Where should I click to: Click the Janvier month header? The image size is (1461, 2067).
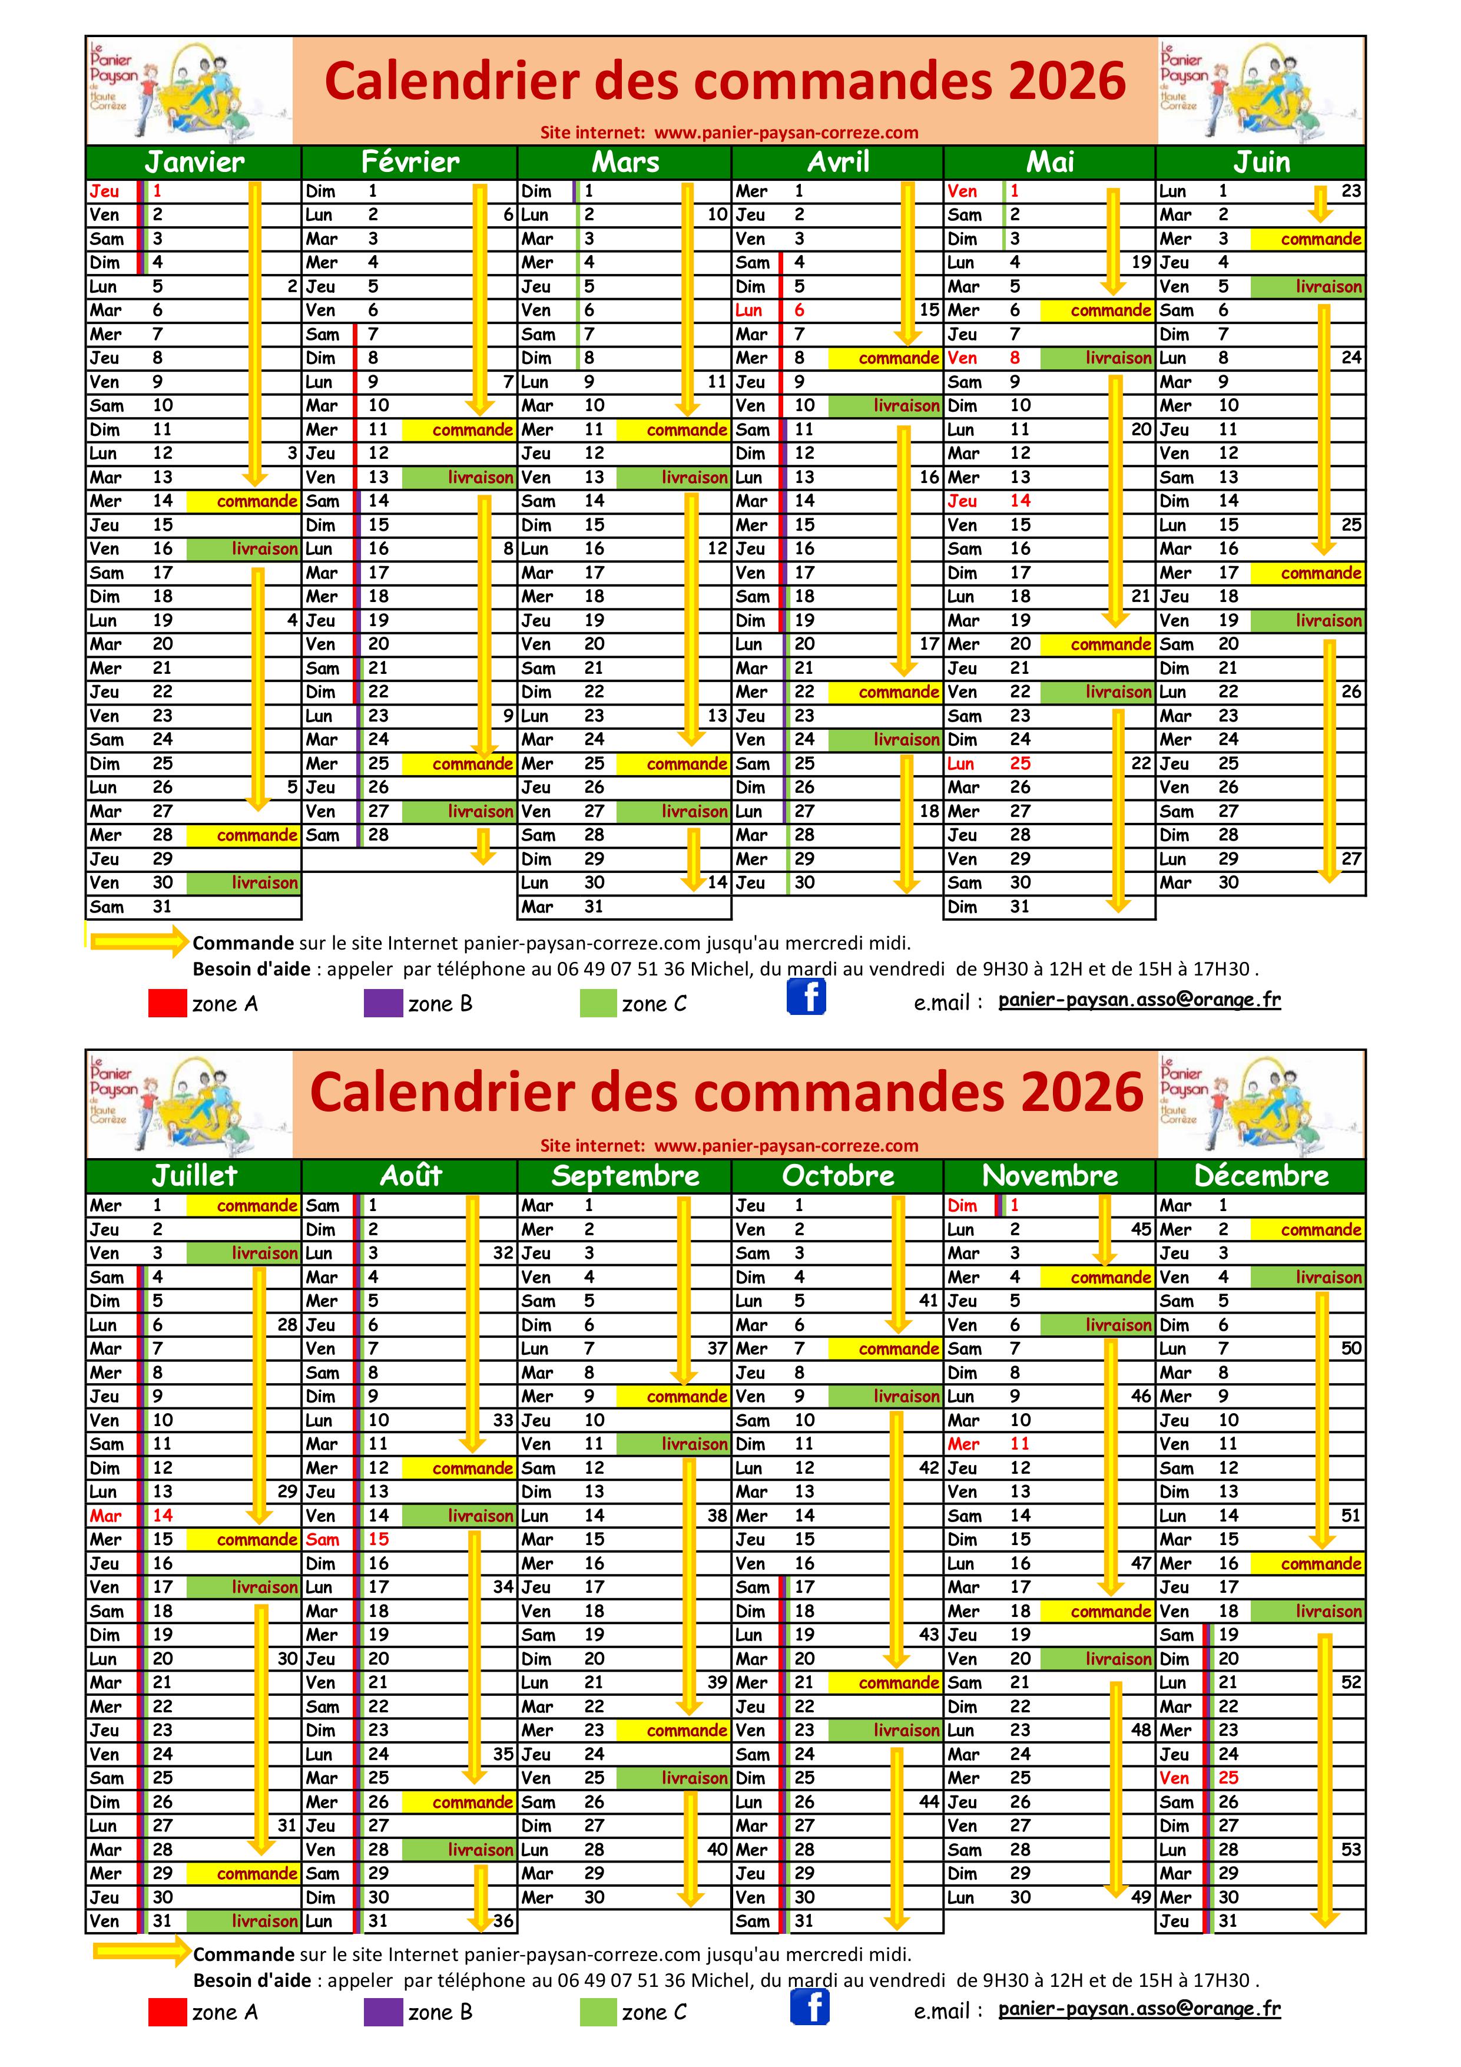click(x=194, y=162)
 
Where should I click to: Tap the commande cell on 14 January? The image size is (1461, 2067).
click(x=243, y=501)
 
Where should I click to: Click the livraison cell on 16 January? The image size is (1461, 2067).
click(x=243, y=549)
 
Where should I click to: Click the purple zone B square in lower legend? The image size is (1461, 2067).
click(x=383, y=2012)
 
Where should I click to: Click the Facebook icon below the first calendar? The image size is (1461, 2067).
click(x=807, y=997)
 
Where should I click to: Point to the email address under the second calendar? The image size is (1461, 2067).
click(x=1139, y=2009)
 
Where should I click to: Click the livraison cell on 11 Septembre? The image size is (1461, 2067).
click(x=672, y=1444)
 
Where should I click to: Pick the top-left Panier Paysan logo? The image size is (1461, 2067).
click(x=189, y=90)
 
